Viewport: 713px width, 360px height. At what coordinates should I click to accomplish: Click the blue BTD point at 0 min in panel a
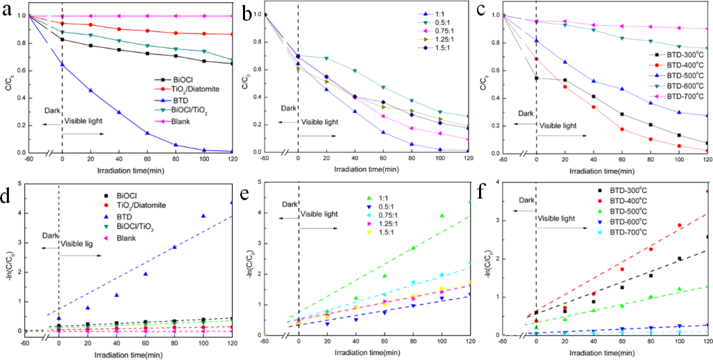point(62,64)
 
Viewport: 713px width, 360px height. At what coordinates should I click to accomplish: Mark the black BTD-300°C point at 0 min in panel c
point(535,78)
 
